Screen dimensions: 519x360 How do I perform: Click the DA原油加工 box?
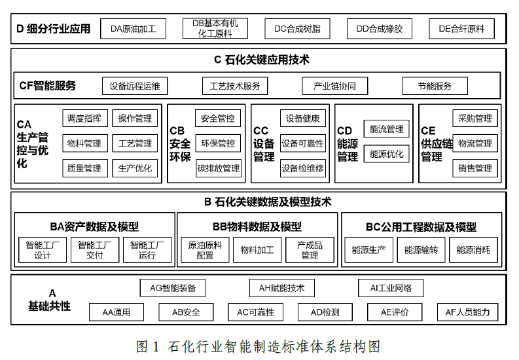pos(133,29)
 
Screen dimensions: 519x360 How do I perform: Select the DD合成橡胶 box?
pos(380,29)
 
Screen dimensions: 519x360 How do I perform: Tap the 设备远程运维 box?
pos(135,86)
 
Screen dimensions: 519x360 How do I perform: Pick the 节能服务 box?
pos(435,86)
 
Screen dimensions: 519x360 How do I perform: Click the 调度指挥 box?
pos(85,118)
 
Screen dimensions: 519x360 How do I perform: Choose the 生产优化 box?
pos(135,168)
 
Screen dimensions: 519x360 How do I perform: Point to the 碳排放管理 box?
pos(219,168)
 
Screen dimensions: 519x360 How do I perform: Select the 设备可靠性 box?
pos(303,143)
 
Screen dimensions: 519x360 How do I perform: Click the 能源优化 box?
pos(386,154)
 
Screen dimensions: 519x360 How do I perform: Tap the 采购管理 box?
pos(475,118)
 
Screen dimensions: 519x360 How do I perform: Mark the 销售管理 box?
pos(475,168)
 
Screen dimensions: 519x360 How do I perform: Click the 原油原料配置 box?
pos(206,250)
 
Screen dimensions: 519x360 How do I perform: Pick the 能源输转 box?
pos(421,250)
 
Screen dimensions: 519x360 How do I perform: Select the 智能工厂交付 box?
pos(95,250)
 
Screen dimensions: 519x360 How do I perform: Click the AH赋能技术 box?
pos(281,288)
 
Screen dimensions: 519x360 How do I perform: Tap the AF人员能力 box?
pos(467,312)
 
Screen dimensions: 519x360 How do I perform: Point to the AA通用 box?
pos(116,312)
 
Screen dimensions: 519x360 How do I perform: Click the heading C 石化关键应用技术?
pos(262,60)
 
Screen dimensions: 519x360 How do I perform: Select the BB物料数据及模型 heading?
pos(257,226)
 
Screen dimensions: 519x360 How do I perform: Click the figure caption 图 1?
pos(148,346)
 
